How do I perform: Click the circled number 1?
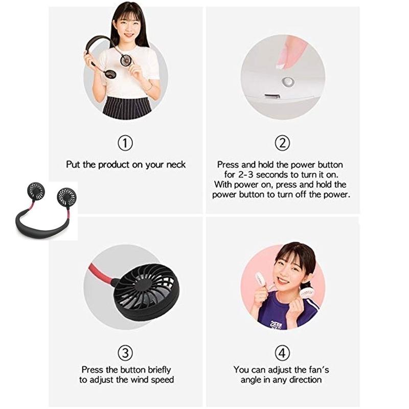[x=125, y=143]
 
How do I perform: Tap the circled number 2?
[x=283, y=143]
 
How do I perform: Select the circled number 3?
[x=125, y=352]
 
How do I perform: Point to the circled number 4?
[x=283, y=352]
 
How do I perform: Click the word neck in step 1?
[x=175, y=165]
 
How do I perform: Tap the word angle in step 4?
[x=251, y=380]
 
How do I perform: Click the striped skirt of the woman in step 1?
[x=126, y=108]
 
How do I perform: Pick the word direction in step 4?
[x=305, y=380]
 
